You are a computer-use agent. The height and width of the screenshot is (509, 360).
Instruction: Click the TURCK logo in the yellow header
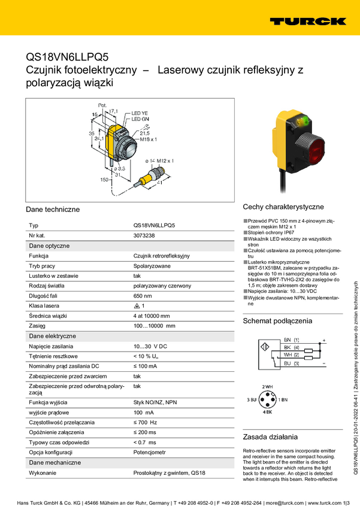(307, 21)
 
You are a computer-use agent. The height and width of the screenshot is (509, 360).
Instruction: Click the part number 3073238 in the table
(144, 236)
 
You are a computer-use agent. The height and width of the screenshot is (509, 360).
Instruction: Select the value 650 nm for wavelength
(143, 296)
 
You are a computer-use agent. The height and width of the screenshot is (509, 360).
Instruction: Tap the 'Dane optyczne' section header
(49, 246)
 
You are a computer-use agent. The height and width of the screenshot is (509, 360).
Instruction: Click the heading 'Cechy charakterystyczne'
(283, 207)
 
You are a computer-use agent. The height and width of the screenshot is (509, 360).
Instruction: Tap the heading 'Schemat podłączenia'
(277, 322)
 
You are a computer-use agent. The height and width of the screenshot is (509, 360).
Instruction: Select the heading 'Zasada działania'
(270, 437)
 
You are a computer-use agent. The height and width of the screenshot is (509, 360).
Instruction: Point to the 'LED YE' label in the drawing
(140, 113)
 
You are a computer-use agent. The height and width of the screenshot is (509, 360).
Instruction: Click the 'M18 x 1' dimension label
(148, 140)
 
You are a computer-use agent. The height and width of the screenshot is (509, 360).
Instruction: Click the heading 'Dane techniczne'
(53, 210)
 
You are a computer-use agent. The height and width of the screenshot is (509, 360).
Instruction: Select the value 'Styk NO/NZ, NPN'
(155, 402)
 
